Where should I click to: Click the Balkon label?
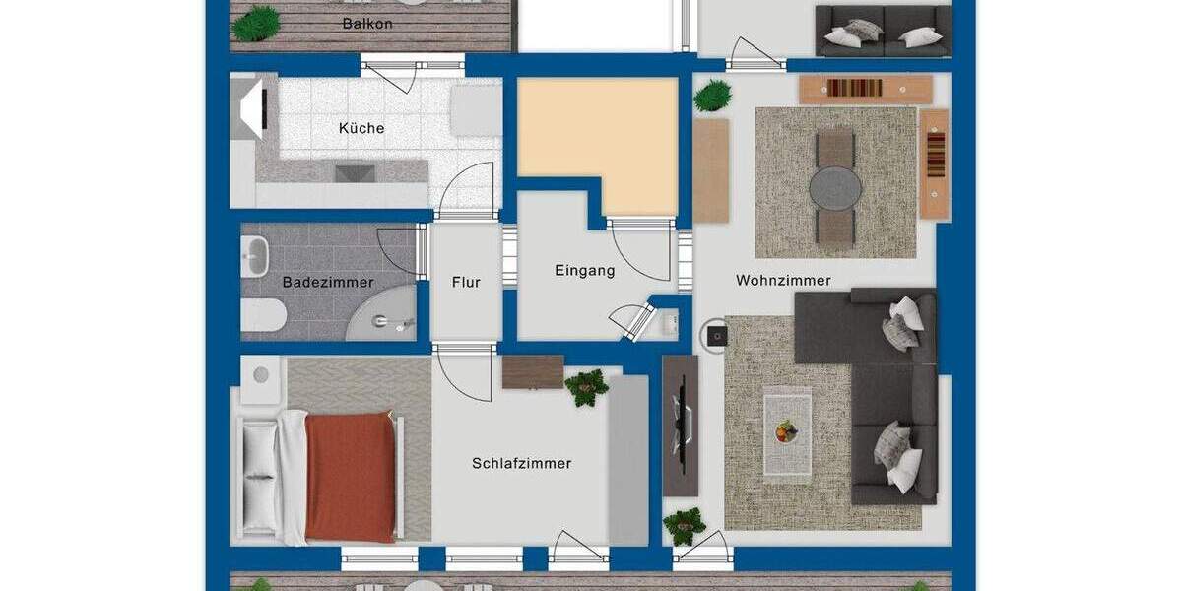366,23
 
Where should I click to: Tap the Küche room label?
361,128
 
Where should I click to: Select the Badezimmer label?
328,283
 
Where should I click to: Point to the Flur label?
466,283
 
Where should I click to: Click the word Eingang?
584,270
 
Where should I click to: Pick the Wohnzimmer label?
783,281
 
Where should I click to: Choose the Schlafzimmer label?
521,463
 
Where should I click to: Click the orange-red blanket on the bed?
350,476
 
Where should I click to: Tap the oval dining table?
835,186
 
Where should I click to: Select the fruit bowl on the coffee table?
786,430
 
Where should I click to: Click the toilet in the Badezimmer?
262,315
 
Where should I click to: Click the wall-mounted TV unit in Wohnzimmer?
681,425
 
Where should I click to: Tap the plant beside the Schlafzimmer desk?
587,386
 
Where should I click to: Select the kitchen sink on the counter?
356,173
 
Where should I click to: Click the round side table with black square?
713,335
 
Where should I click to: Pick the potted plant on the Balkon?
256,23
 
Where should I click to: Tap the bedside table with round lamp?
261,377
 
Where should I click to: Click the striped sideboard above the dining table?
865,89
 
